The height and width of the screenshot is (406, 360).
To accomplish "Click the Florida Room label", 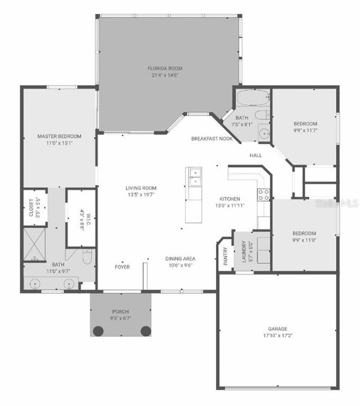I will [x=165, y=68].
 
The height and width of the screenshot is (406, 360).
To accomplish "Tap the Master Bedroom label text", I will [x=59, y=136].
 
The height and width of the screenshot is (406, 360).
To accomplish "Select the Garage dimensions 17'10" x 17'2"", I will [x=277, y=336].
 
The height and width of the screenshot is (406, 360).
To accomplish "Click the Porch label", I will [x=120, y=311].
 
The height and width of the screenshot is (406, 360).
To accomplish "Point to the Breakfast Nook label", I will [x=212, y=138].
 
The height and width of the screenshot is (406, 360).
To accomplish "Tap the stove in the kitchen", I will [x=264, y=195].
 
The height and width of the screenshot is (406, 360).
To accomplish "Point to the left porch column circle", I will [x=98, y=331].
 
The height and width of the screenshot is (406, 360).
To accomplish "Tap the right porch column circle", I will [x=145, y=331].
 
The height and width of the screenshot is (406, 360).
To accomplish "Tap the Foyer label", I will [x=122, y=266].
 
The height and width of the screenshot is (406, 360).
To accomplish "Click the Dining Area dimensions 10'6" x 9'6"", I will [x=179, y=266].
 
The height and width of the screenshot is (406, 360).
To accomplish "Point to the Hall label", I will [x=256, y=155].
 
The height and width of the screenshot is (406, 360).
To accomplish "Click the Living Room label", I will [x=141, y=188].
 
